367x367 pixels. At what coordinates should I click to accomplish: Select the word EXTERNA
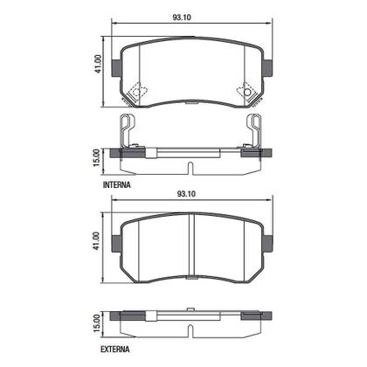tap(118, 349)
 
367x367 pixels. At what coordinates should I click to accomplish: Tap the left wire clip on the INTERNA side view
tap(129, 131)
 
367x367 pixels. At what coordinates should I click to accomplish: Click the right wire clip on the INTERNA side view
tap(255, 131)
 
